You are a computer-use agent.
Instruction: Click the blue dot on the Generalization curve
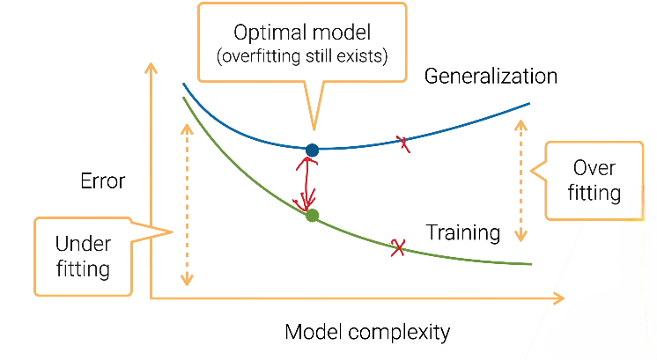(x=311, y=151)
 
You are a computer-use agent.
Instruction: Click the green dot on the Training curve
(x=311, y=215)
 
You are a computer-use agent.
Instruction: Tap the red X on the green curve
(x=398, y=248)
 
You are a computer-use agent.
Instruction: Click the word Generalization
(x=491, y=77)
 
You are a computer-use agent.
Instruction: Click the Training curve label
(x=463, y=233)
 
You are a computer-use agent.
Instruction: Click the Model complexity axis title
(x=367, y=333)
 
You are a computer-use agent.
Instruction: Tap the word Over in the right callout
(x=594, y=168)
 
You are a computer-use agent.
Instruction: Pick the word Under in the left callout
(x=83, y=243)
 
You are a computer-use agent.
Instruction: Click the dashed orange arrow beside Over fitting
(x=522, y=180)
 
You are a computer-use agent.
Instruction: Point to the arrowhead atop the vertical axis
(x=152, y=67)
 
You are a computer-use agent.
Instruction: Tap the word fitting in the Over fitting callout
(x=594, y=193)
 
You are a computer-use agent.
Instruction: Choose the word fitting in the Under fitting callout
(x=83, y=268)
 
